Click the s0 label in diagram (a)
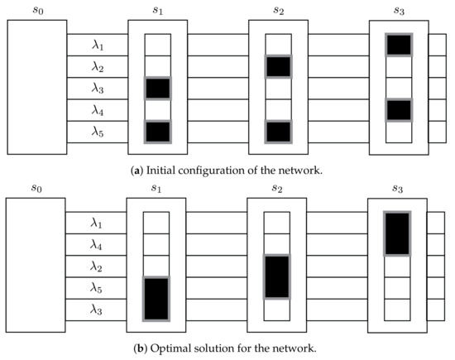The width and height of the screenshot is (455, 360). pos(36,9)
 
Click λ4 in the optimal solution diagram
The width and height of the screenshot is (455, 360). pos(98,244)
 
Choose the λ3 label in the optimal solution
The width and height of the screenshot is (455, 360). pos(98,309)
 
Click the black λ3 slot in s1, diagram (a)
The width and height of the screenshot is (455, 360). pos(158,88)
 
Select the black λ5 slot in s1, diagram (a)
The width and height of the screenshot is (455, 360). pos(158,131)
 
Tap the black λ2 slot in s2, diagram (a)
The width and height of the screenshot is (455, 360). pos(278,66)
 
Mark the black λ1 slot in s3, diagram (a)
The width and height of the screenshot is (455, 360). pos(399,45)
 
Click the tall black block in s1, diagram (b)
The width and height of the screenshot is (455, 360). pos(156,298)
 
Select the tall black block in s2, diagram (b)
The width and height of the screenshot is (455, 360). pos(277,276)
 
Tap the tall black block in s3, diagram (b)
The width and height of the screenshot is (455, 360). pos(397,233)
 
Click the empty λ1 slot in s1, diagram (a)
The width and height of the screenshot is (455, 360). pos(158,45)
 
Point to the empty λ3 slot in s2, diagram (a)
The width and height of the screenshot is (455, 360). pos(278,88)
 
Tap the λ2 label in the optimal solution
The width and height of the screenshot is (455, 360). pos(98,266)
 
